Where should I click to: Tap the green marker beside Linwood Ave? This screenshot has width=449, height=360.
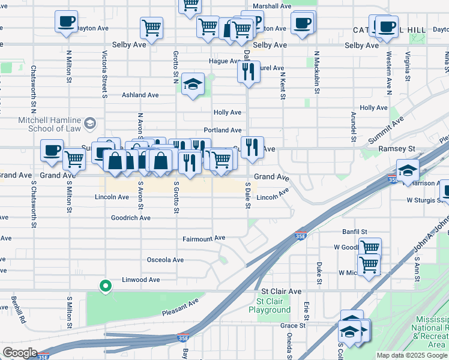point(106,286)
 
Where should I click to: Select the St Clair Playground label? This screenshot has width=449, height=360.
point(273,306)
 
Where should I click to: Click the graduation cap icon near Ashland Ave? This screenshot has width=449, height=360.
point(193,84)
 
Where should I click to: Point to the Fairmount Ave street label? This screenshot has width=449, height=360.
point(204,239)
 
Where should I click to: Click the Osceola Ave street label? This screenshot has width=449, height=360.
point(165,260)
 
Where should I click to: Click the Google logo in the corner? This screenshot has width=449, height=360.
point(20,352)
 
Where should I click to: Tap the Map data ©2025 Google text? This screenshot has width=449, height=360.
point(412,355)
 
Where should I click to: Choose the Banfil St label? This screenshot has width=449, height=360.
point(355,232)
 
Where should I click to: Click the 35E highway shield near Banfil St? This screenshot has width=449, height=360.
point(300,236)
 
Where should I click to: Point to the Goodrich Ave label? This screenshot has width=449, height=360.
point(131,218)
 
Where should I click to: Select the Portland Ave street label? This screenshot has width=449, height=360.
point(222,130)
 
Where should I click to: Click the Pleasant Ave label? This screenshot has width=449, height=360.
point(180,308)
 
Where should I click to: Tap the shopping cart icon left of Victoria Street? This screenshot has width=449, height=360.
point(74,158)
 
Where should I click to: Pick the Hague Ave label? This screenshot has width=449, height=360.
point(224,61)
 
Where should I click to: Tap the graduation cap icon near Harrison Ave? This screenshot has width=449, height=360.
point(408,170)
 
